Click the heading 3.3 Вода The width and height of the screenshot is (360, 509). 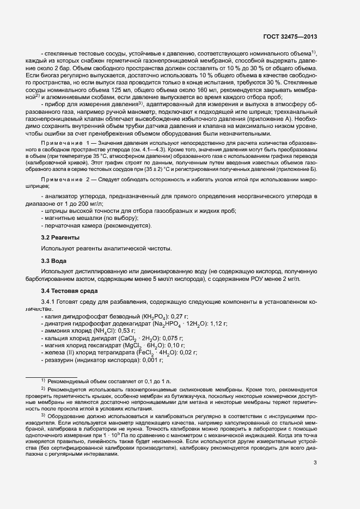[x=54, y=261]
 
